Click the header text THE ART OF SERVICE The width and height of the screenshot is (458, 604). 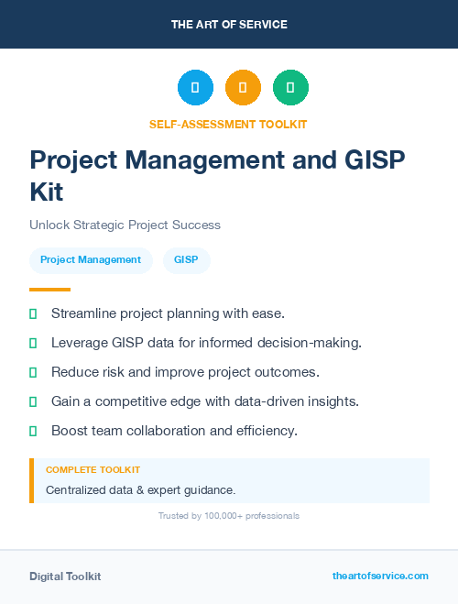pyautogui.click(x=229, y=24)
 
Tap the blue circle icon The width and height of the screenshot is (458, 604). pyautogui.click(x=195, y=88)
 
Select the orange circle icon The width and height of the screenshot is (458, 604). pyautogui.click(x=243, y=88)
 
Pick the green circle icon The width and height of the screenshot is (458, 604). pyautogui.click(x=290, y=88)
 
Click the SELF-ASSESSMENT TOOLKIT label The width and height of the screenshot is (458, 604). pyautogui.click(x=228, y=124)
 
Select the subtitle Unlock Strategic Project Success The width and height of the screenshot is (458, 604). pyautogui.click(x=125, y=225)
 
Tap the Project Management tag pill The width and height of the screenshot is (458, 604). pyautogui.click(x=91, y=260)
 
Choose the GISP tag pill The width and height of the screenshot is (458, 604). pyautogui.click(x=187, y=260)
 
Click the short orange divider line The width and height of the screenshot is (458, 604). pyautogui.click(x=49, y=289)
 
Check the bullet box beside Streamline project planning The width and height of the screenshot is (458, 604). pyautogui.click(x=33, y=313)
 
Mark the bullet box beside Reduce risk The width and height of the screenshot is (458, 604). pyautogui.click(x=33, y=372)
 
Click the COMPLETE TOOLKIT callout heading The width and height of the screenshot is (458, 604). pyautogui.click(x=93, y=469)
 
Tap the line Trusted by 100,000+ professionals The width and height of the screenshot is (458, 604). pyautogui.click(x=229, y=516)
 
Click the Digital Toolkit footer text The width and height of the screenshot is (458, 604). pyautogui.click(x=65, y=577)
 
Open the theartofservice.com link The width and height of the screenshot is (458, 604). pyautogui.click(x=380, y=576)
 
